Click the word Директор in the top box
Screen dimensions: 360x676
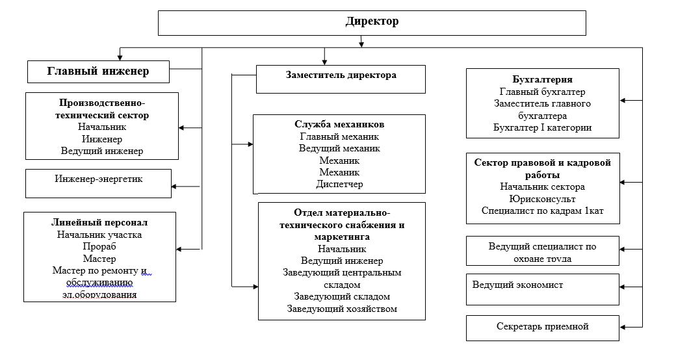[372, 21]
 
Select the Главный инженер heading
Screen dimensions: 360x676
[98, 71]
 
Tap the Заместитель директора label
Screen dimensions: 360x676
[341, 75]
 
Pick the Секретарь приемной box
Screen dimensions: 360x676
[543, 326]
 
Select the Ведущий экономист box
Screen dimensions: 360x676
[518, 285]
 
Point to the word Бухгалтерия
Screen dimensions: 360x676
[542, 80]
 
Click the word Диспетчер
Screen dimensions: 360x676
[340, 184]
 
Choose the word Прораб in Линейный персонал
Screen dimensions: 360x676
[99, 246]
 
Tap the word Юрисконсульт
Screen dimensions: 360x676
[543, 198]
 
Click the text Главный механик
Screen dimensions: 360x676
[340, 136]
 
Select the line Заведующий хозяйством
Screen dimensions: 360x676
[342, 309]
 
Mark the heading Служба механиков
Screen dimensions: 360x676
[339, 123]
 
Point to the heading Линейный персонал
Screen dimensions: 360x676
[99, 222]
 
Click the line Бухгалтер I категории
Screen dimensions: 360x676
[543, 127]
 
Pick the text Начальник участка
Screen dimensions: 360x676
[99, 235]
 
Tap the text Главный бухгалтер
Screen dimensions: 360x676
[543, 92]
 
